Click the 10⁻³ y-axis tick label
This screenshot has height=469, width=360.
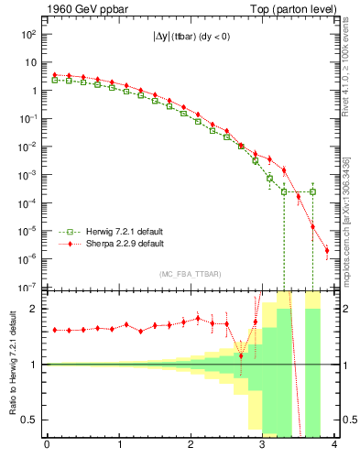click(x=28, y=175)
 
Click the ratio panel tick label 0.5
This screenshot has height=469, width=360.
click(x=28, y=420)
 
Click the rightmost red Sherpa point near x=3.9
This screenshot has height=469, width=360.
click(x=327, y=250)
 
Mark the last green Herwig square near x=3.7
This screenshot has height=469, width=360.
click(x=312, y=191)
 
